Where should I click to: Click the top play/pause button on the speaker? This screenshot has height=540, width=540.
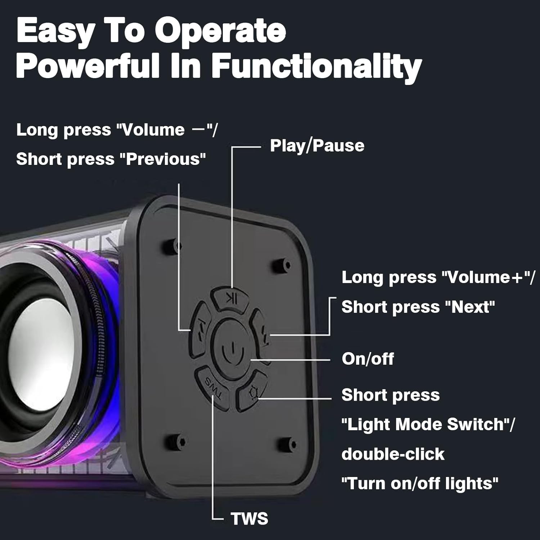click(x=230, y=298)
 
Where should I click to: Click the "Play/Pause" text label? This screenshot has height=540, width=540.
click(x=317, y=146)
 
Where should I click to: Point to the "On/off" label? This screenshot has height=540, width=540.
click(x=368, y=359)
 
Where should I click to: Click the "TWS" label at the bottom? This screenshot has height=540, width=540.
click(x=249, y=519)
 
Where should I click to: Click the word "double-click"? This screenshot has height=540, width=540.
click(x=393, y=454)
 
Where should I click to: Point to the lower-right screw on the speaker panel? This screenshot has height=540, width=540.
click(x=288, y=444)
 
